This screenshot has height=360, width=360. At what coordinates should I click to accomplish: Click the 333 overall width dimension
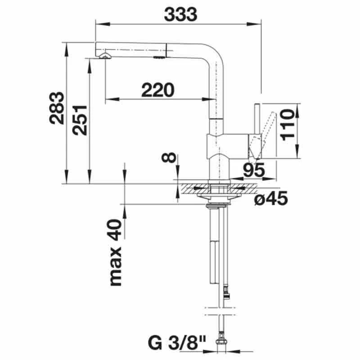[180, 14]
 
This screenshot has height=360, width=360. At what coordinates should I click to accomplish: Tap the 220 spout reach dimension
[157, 90]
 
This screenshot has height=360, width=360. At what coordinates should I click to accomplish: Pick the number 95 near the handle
[253, 170]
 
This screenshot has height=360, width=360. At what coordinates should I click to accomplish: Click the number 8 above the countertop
[168, 158]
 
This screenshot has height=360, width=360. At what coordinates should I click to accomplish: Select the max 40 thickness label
[116, 253]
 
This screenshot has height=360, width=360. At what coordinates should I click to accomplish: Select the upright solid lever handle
[256, 121]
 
